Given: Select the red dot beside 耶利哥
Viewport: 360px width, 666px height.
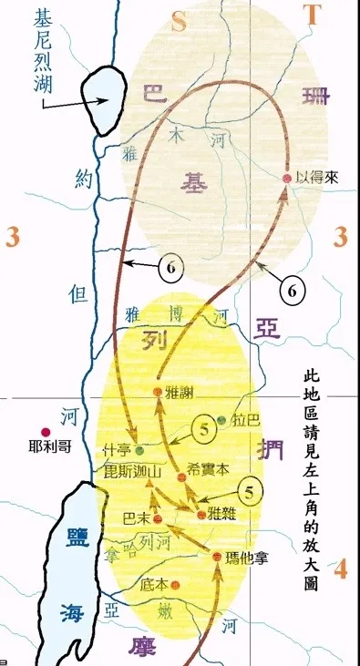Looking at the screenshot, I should pos(41,432).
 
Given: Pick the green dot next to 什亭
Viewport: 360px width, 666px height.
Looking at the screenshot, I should pos(139,449).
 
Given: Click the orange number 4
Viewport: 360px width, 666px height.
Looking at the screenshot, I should pos(340,570).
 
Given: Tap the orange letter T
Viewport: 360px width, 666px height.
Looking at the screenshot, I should pos(314,15).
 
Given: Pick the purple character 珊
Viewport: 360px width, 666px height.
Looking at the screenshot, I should pos(316,93).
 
